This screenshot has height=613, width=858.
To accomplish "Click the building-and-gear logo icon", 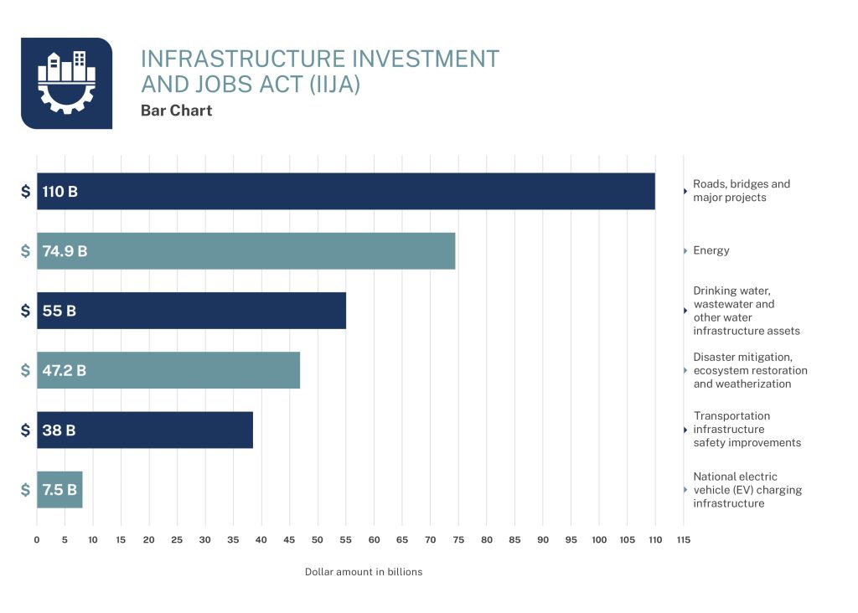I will [x=66, y=83].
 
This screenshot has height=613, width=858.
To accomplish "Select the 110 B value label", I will [x=60, y=192].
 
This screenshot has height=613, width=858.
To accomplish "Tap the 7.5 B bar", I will [x=59, y=490].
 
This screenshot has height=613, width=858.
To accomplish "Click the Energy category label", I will [x=711, y=250].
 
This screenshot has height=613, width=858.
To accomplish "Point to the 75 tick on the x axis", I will [x=458, y=540].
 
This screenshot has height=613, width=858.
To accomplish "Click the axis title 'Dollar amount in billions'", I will [x=363, y=572].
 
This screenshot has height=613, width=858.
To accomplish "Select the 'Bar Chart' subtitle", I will [x=176, y=111].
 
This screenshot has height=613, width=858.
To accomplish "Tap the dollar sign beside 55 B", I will [x=26, y=311].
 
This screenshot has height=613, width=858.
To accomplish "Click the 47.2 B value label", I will [x=65, y=370].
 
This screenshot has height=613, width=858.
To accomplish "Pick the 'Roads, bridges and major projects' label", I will [x=741, y=191].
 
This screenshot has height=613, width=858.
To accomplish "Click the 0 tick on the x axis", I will [x=37, y=540].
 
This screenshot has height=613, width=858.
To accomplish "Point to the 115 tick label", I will [x=683, y=540].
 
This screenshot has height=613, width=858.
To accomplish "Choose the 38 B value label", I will [x=59, y=430].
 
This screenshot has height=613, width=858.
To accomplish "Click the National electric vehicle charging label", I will [x=747, y=490].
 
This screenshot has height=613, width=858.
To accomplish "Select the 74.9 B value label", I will [x=65, y=251].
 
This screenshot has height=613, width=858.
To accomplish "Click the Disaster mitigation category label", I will [x=750, y=370].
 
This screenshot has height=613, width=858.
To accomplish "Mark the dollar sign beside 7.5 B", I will [x=26, y=490].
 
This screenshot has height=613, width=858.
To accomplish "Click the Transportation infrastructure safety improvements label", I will [x=747, y=430].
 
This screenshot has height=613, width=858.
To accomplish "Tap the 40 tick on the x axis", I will [x=261, y=540].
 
